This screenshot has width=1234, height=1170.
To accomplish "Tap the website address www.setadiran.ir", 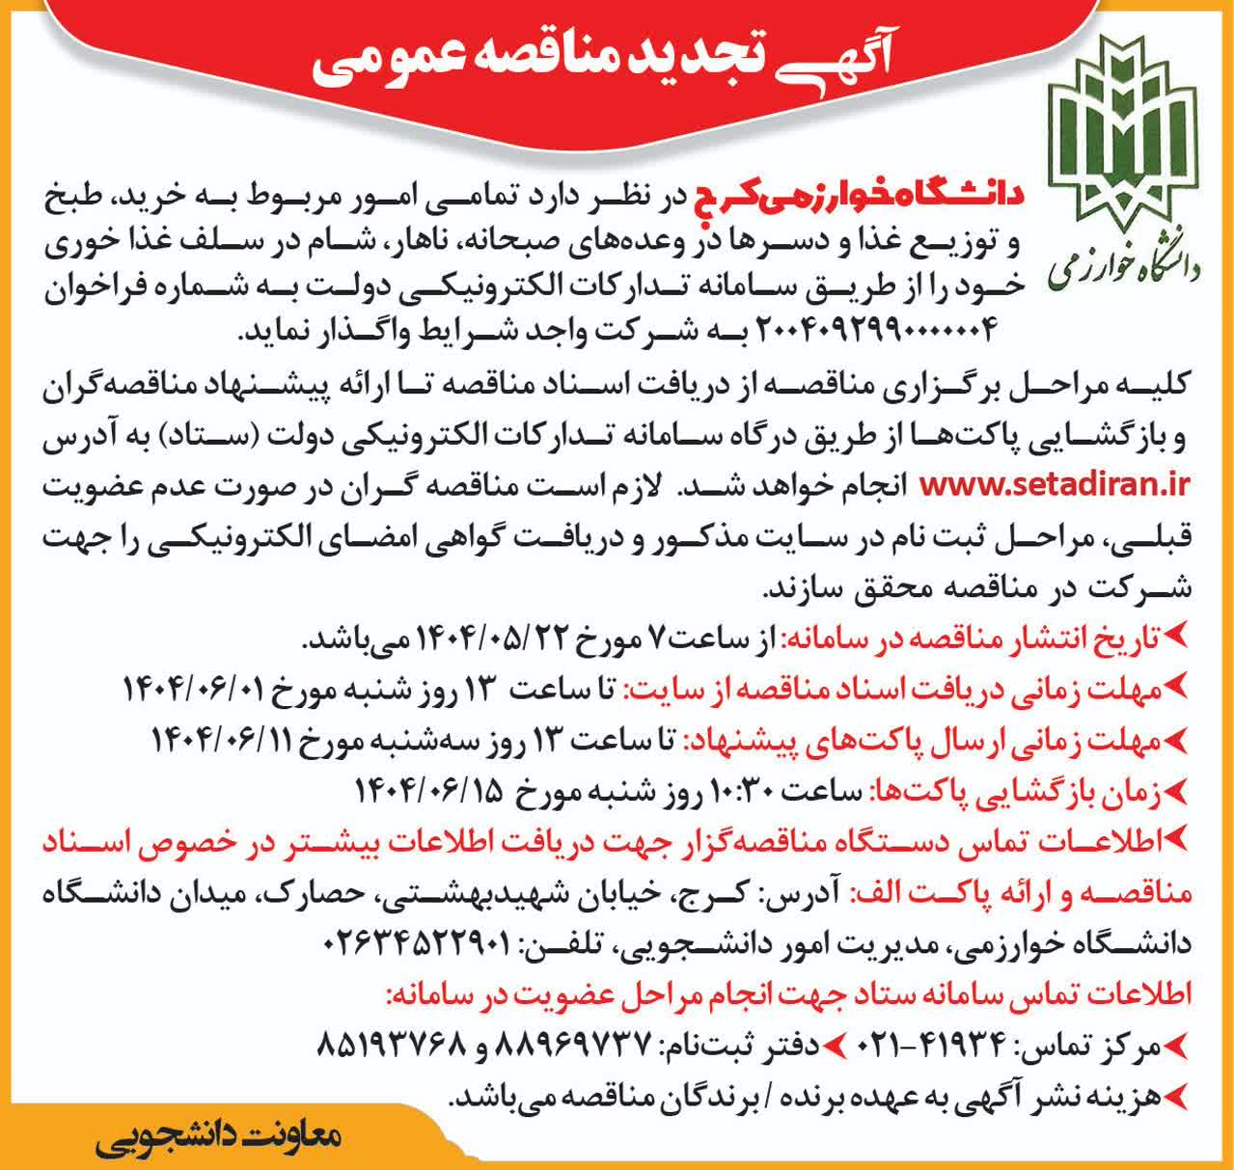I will (x=1056, y=481).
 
